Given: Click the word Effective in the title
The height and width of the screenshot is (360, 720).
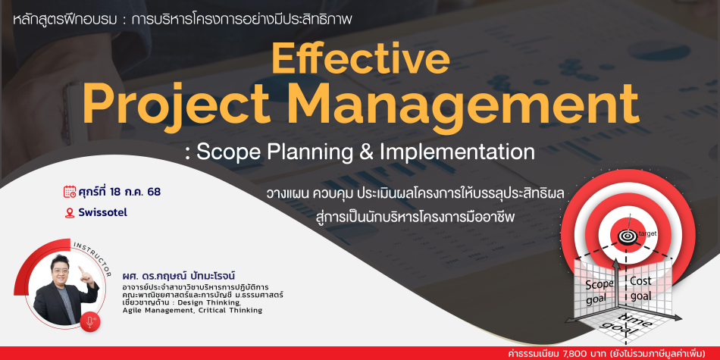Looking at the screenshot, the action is tap(361, 60).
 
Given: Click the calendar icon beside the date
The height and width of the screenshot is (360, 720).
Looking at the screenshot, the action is tap(70, 192).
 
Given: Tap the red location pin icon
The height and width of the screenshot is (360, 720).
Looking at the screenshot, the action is tap(70, 213).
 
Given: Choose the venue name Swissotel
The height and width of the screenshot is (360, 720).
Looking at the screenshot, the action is tap(102, 213).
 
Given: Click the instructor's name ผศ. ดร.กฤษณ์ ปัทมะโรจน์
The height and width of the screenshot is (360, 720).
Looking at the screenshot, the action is tap(178, 277).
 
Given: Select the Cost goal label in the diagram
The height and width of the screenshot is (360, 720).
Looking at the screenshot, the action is tap(640, 287).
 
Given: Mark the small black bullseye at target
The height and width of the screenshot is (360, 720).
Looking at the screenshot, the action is tap(625, 236).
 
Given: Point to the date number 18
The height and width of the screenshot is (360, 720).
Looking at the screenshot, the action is tap(116, 192).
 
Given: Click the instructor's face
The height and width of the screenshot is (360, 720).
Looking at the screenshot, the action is tap(64, 268).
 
